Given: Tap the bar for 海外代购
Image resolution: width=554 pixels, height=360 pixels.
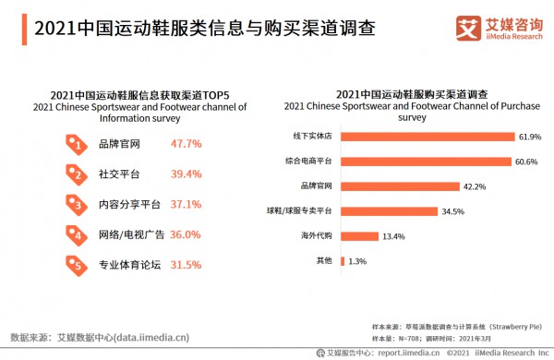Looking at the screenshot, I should (359, 236).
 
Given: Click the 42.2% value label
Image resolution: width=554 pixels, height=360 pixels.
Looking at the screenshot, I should (475, 186).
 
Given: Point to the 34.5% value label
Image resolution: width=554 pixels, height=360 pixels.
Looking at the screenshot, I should (453, 211).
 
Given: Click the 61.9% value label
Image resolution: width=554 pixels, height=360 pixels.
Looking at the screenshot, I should (529, 137).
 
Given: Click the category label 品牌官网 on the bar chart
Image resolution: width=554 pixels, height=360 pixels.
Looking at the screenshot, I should (316, 186).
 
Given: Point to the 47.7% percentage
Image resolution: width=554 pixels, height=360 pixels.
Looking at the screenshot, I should (187, 144).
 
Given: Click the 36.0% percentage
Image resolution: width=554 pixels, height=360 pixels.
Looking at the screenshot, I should (185, 234).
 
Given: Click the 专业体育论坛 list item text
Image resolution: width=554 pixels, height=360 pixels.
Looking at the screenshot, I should (130, 265).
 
